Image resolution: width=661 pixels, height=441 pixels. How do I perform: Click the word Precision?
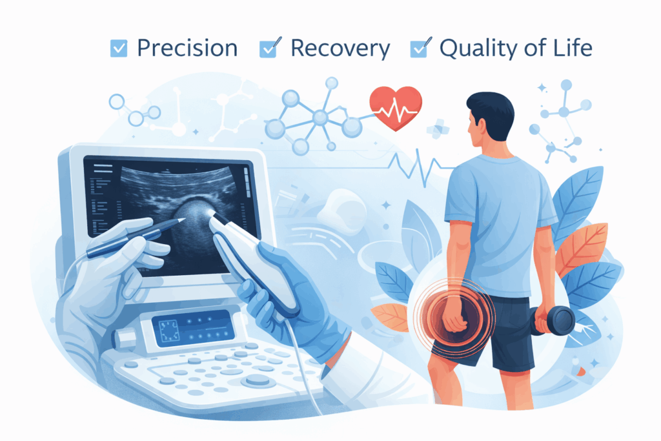pyautogui.click(x=187, y=48)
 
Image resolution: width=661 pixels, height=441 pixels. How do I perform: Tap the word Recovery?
pyautogui.click(x=340, y=48)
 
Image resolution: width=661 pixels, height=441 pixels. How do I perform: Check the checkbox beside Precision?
pyautogui.click(x=119, y=48)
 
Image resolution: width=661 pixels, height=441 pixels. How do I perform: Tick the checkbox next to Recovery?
pyautogui.click(x=268, y=48)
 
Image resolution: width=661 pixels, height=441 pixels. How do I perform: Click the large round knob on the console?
pyautogui.click(x=258, y=380)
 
